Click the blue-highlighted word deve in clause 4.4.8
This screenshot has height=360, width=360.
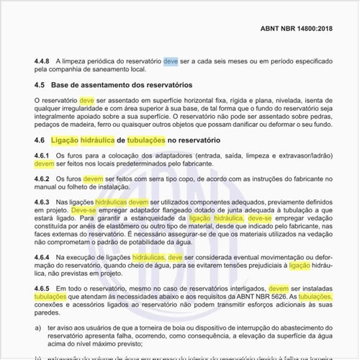[171, 62]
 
